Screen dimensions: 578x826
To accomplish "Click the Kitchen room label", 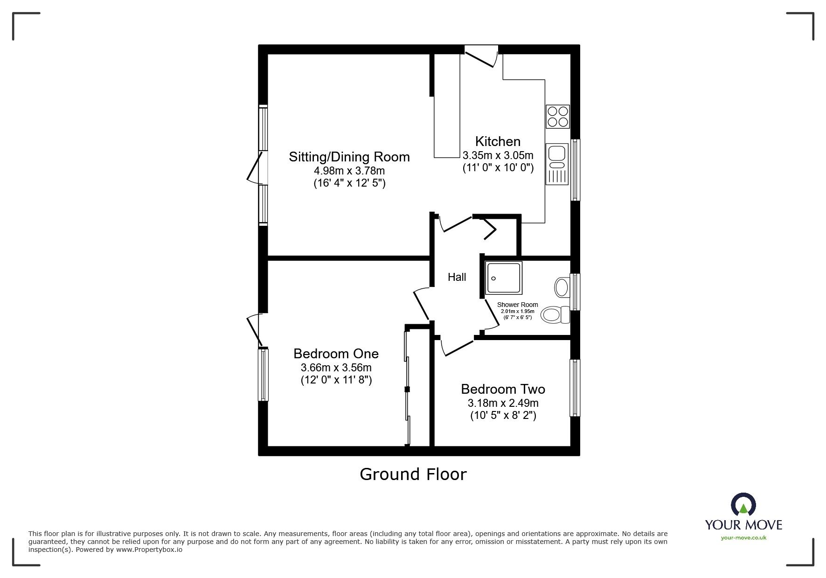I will pyautogui.click(x=498, y=141).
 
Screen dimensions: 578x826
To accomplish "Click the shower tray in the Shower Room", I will pyautogui.click(x=504, y=278).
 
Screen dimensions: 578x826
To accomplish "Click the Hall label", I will pyautogui.click(x=457, y=277).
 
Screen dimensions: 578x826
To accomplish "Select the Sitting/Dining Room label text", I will pyautogui.click(x=349, y=157).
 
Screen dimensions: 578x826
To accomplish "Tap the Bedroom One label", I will pyautogui.click(x=336, y=354).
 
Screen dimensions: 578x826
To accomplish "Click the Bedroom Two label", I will pyautogui.click(x=503, y=389).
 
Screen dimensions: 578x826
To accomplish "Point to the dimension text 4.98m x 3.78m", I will pyautogui.click(x=349, y=171).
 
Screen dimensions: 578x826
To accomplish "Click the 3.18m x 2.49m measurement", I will pyautogui.click(x=503, y=403).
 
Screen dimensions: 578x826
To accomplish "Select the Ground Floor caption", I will pyautogui.click(x=413, y=474).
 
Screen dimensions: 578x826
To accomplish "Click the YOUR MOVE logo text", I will pyautogui.click(x=743, y=525).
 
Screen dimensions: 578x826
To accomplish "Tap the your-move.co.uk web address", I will pyautogui.click(x=743, y=538).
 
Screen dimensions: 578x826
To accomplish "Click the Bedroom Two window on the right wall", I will pyautogui.click(x=575, y=388).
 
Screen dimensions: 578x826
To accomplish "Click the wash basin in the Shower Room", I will pyautogui.click(x=562, y=286).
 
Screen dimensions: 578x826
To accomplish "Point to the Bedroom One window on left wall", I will pyautogui.click(x=264, y=375).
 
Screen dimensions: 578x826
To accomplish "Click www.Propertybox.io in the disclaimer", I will pyautogui.click(x=149, y=550).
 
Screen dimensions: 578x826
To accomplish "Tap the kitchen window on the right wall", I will pyautogui.click(x=575, y=170).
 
